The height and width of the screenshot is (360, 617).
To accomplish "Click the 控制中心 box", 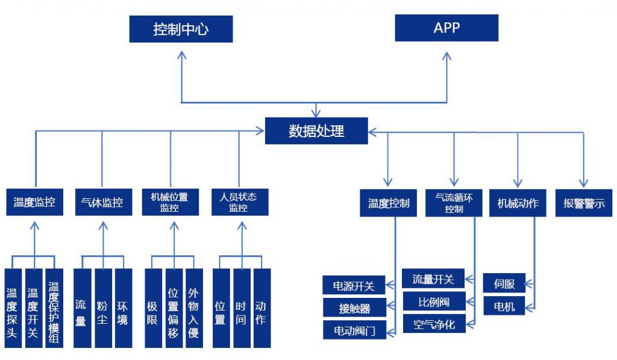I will [x=181, y=29].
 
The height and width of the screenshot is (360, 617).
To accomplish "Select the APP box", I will [x=446, y=28].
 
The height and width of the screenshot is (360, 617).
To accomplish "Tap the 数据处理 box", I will [x=316, y=131].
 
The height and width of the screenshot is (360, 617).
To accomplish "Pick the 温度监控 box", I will [x=34, y=202].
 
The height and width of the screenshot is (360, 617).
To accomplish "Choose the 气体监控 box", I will [x=102, y=202].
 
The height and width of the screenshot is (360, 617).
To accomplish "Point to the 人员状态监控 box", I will [x=239, y=202].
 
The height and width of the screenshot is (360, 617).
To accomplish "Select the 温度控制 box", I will [x=389, y=203].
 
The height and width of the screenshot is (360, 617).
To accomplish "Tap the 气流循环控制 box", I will [x=454, y=203].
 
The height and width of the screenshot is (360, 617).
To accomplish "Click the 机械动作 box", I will [x=518, y=203].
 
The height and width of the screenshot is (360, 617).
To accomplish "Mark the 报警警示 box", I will [x=584, y=203].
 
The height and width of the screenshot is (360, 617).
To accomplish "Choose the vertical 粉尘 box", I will [x=102, y=308].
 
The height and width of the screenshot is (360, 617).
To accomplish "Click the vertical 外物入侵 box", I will [x=193, y=308].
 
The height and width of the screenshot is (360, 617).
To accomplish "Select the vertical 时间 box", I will [x=241, y=308].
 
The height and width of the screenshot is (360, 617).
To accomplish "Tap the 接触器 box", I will [x=354, y=308].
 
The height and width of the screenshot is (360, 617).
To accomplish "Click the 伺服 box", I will [x=504, y=283].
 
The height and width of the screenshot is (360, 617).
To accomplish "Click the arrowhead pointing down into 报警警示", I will [x=583, y=183].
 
